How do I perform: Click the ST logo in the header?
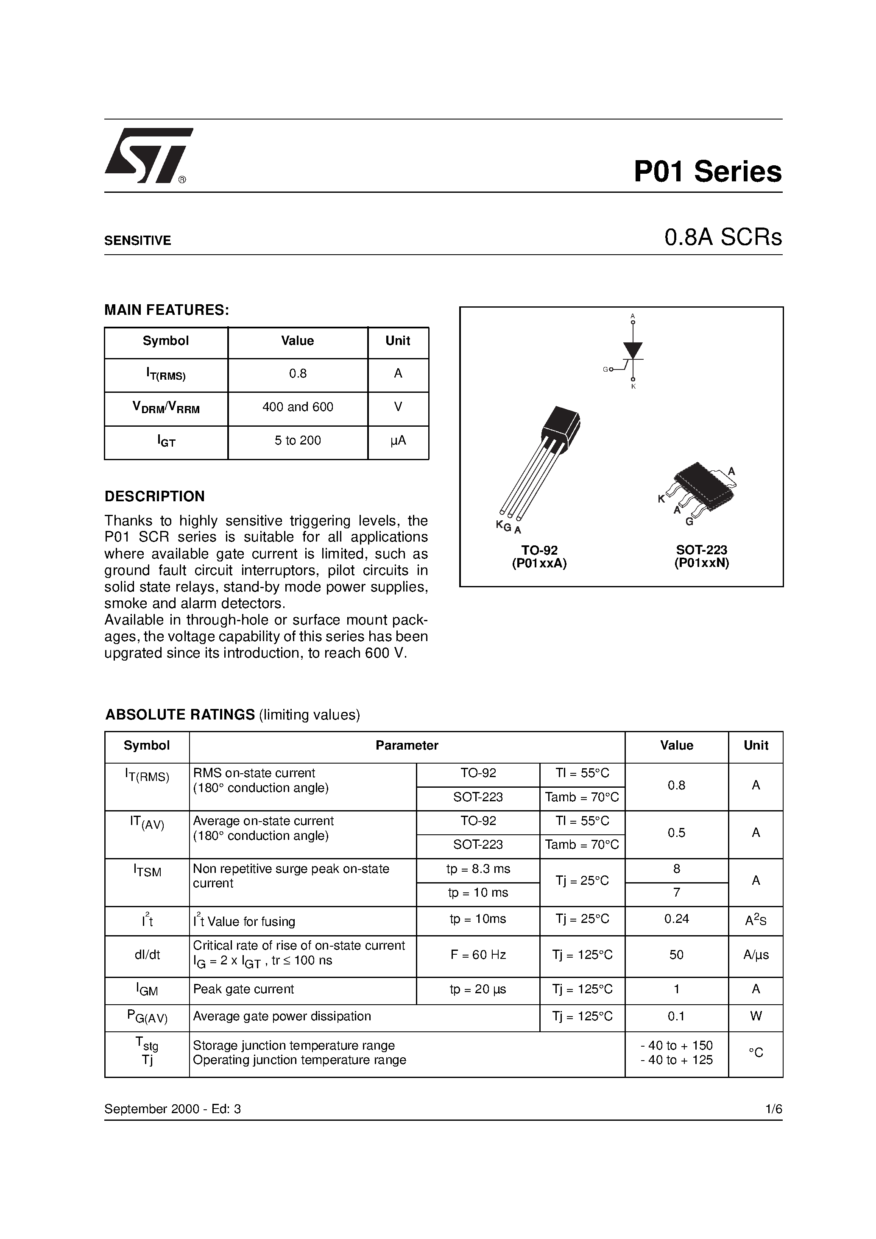tap(147, 156)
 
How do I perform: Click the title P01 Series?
tap(708, 172)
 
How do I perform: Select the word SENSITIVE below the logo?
tap(138, 241)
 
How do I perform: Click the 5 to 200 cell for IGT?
tap(298, 440)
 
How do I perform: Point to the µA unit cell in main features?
tap(398, 440)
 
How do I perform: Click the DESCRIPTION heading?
tap(154, 497)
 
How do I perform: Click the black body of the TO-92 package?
tap(562, 428)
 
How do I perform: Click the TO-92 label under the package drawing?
tap(539, 550)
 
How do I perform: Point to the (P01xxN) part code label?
tap(702, 563)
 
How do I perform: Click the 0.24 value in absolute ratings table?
tap(676, 919)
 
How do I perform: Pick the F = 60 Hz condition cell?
tap(478, 955)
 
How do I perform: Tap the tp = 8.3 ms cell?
tap(478, 869)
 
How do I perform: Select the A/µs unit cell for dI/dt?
tap(756, 955)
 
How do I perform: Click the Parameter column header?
tap(407, 745)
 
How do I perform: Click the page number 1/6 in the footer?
tap(773, 1109)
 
